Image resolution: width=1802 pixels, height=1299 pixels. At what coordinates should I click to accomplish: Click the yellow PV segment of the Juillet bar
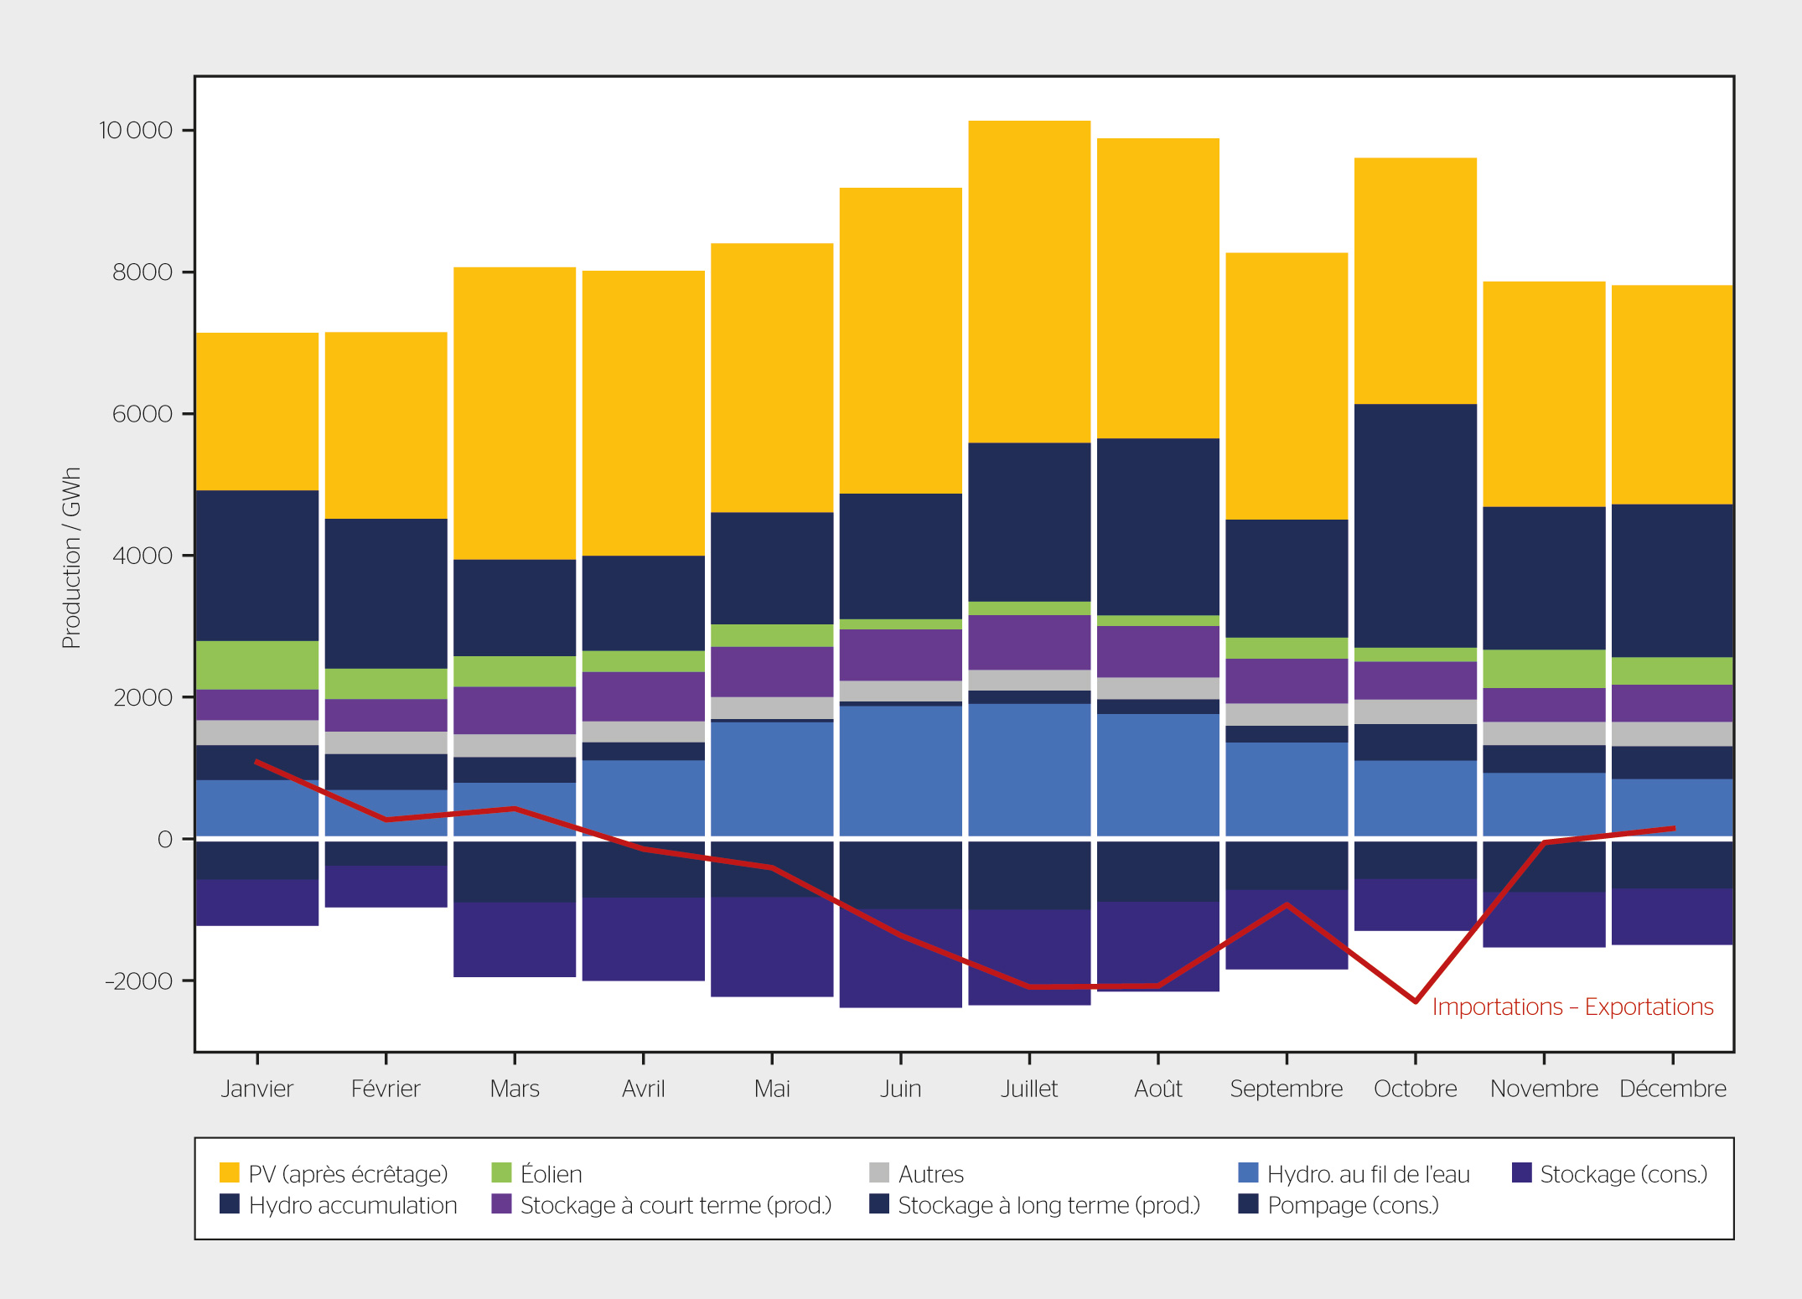[1029, 282]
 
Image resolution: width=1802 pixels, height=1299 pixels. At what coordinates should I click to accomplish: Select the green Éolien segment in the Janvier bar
[257, 665]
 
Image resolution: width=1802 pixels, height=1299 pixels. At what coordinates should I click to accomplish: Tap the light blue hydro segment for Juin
[901, 771]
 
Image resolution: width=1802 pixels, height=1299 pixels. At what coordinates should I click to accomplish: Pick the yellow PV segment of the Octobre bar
[1416, 281]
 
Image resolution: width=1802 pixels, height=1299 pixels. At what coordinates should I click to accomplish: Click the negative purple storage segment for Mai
[772, 947]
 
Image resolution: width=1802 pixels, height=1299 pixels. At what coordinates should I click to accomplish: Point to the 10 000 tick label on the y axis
[136, 131]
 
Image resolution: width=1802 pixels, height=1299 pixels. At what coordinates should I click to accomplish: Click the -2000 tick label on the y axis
[138, 981]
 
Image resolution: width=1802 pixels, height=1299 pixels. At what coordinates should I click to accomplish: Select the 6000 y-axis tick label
[142, 414]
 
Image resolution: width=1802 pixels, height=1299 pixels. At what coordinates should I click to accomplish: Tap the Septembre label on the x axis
[1287, 1089]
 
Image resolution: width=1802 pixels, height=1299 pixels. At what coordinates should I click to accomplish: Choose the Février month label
[386, 1089]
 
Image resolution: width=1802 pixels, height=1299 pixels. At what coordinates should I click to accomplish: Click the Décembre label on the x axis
[1673, 1089]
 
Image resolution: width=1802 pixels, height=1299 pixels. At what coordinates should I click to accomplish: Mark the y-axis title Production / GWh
[72, 558]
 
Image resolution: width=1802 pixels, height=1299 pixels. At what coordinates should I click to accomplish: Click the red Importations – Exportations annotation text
[1573, 1007]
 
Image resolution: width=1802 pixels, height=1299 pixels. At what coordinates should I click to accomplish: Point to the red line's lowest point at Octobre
[1416, 1001]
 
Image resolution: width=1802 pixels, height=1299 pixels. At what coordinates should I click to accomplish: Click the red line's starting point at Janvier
[256, 761]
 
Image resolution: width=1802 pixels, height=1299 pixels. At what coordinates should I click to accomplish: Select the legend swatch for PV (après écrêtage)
[229, 1172]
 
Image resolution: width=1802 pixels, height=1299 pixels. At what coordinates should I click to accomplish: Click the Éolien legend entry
[536, 1173]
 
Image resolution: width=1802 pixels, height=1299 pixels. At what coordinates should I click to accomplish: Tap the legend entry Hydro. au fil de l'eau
[1354, 1173]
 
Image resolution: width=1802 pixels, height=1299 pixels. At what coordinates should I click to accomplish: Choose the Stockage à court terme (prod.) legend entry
[662, 1205]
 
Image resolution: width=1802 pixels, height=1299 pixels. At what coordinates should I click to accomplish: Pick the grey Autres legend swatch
[879, 1172]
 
